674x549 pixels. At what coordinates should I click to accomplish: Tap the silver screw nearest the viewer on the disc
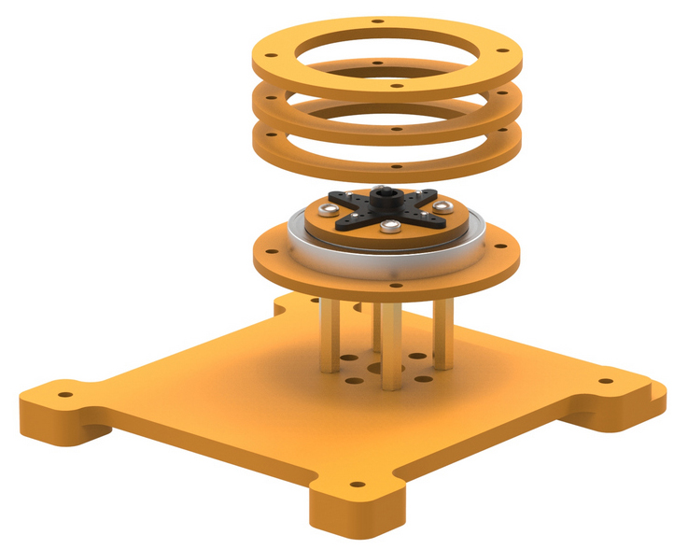pos(389,226)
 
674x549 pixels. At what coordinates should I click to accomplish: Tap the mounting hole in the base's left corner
pos(64,394)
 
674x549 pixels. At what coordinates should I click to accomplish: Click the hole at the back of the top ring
pos(376,20)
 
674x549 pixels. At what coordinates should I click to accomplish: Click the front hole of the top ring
pos(397,86)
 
